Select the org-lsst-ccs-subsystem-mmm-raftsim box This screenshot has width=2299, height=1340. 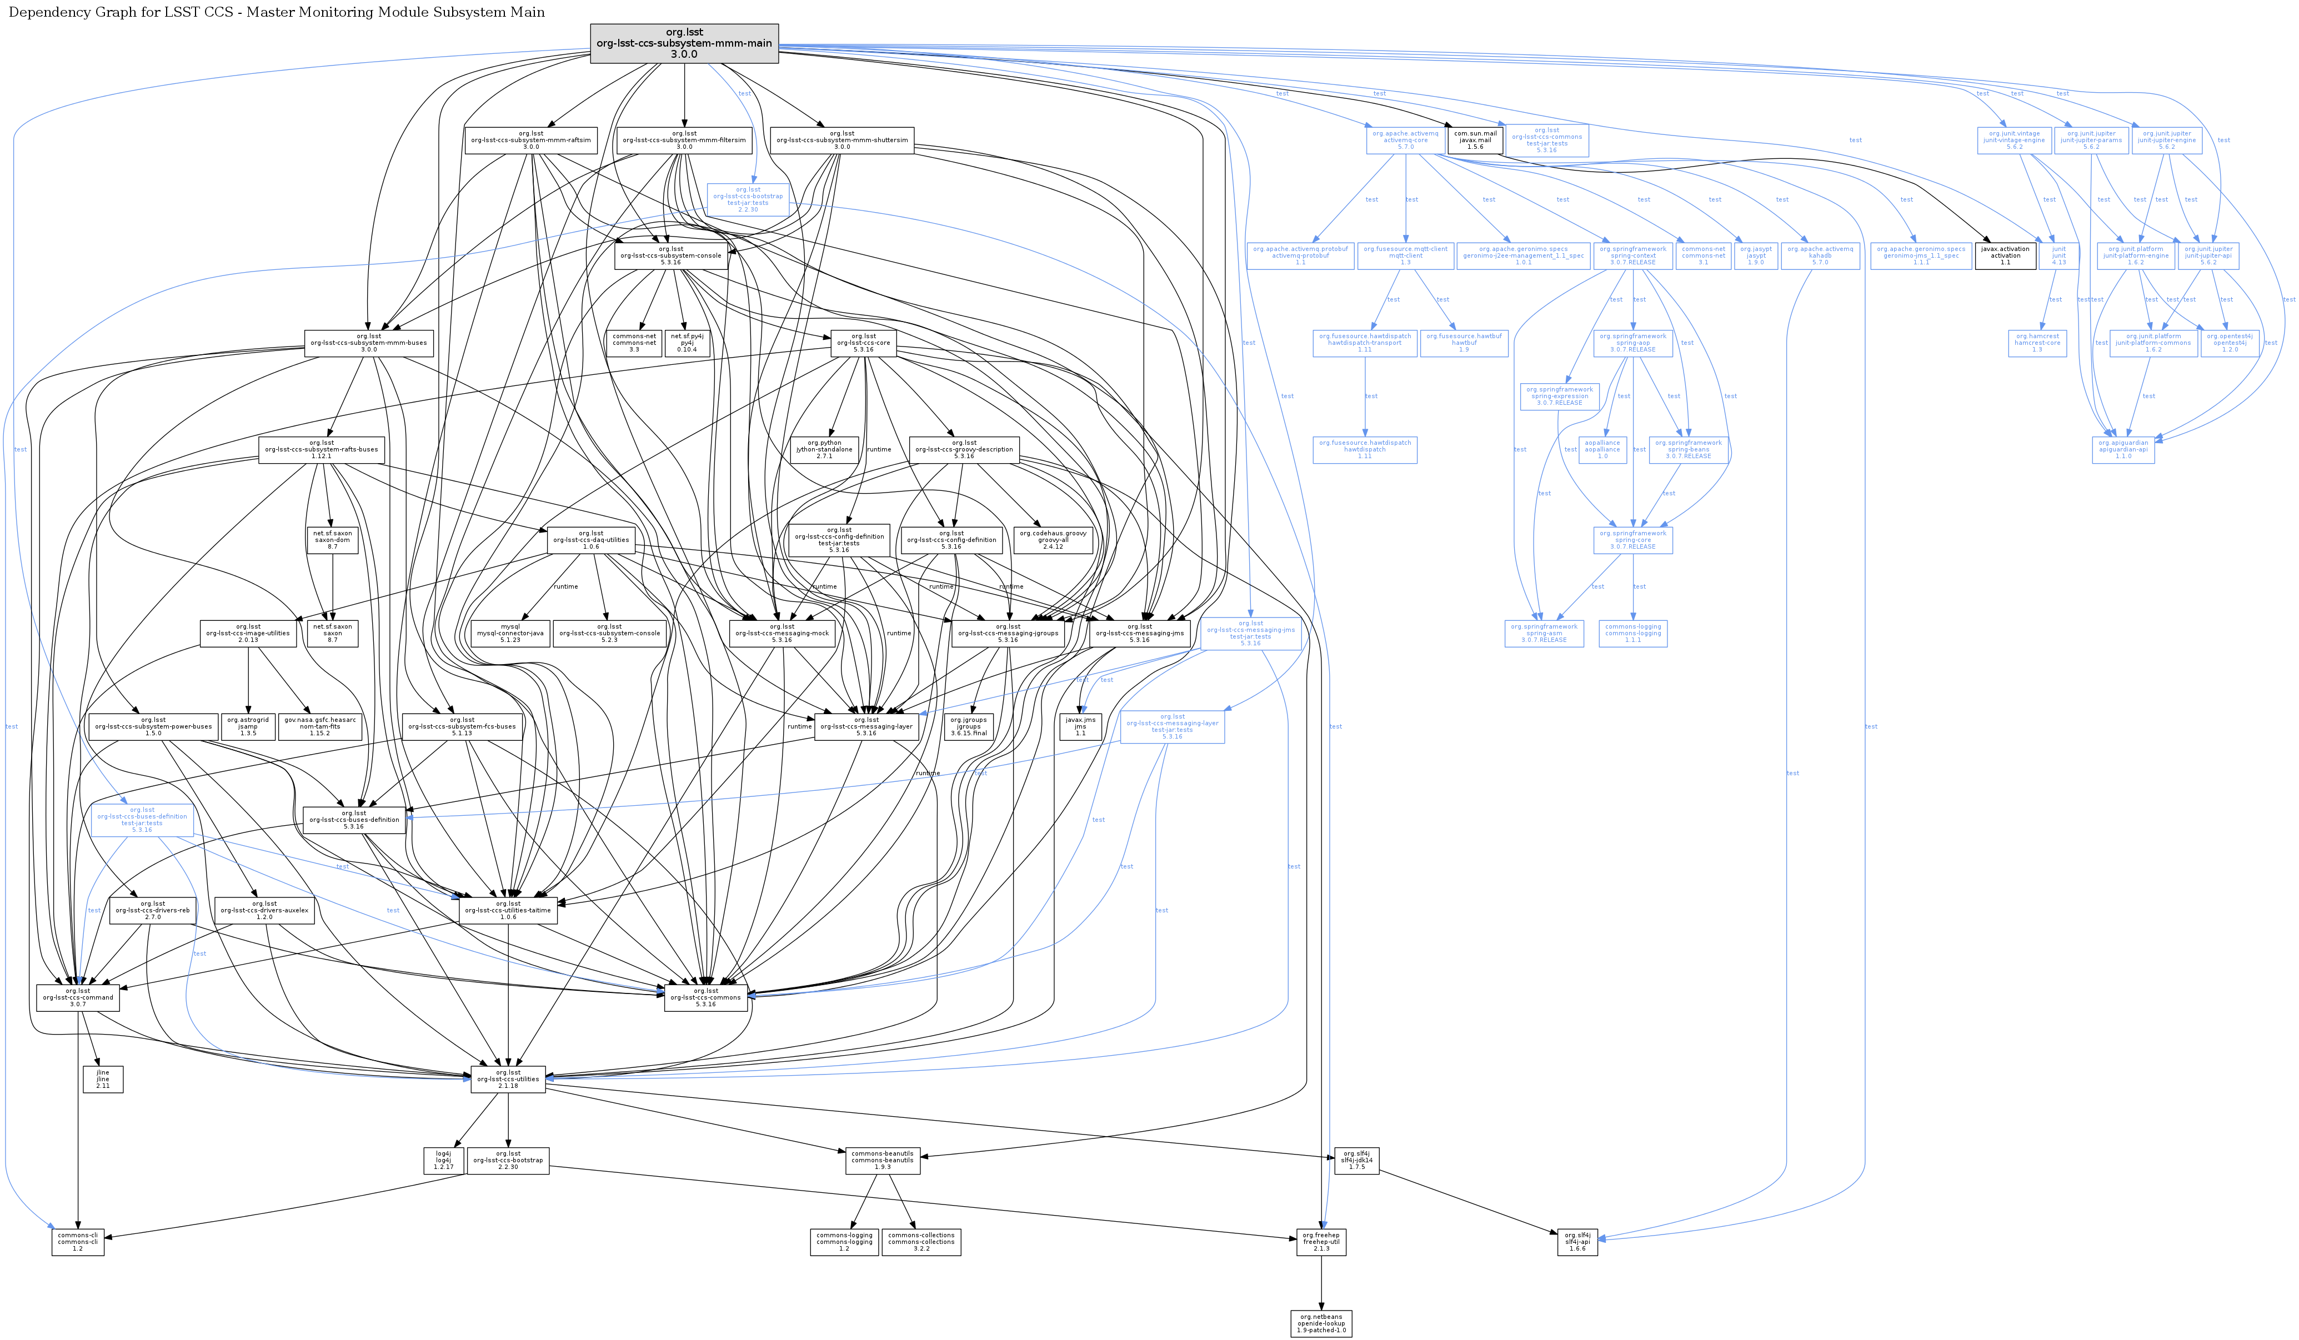(531, 140)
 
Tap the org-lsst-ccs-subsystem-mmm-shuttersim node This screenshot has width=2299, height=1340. (842, 140)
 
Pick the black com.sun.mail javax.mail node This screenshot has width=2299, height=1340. (1475, 140)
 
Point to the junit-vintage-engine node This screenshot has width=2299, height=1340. (2015, 140)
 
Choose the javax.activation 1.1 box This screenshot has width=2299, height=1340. (2005, 257)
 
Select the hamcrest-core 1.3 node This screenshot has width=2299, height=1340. (2037, 343)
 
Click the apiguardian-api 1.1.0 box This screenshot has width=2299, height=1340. (2124, 450)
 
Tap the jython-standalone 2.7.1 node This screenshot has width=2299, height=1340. (825, 450)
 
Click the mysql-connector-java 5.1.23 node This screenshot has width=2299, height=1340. (511, 633)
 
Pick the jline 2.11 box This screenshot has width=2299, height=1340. (103, 1079)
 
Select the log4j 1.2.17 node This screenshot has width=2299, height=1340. (443, 1160)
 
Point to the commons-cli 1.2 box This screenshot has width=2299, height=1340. (78, 1242)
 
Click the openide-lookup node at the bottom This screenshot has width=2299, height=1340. (1321, 1323)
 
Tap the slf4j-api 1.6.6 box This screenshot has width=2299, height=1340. (1577, 1242)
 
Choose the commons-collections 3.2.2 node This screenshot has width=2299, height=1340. (921, 1242)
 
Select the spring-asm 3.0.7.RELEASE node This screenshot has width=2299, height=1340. (1544, 633)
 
